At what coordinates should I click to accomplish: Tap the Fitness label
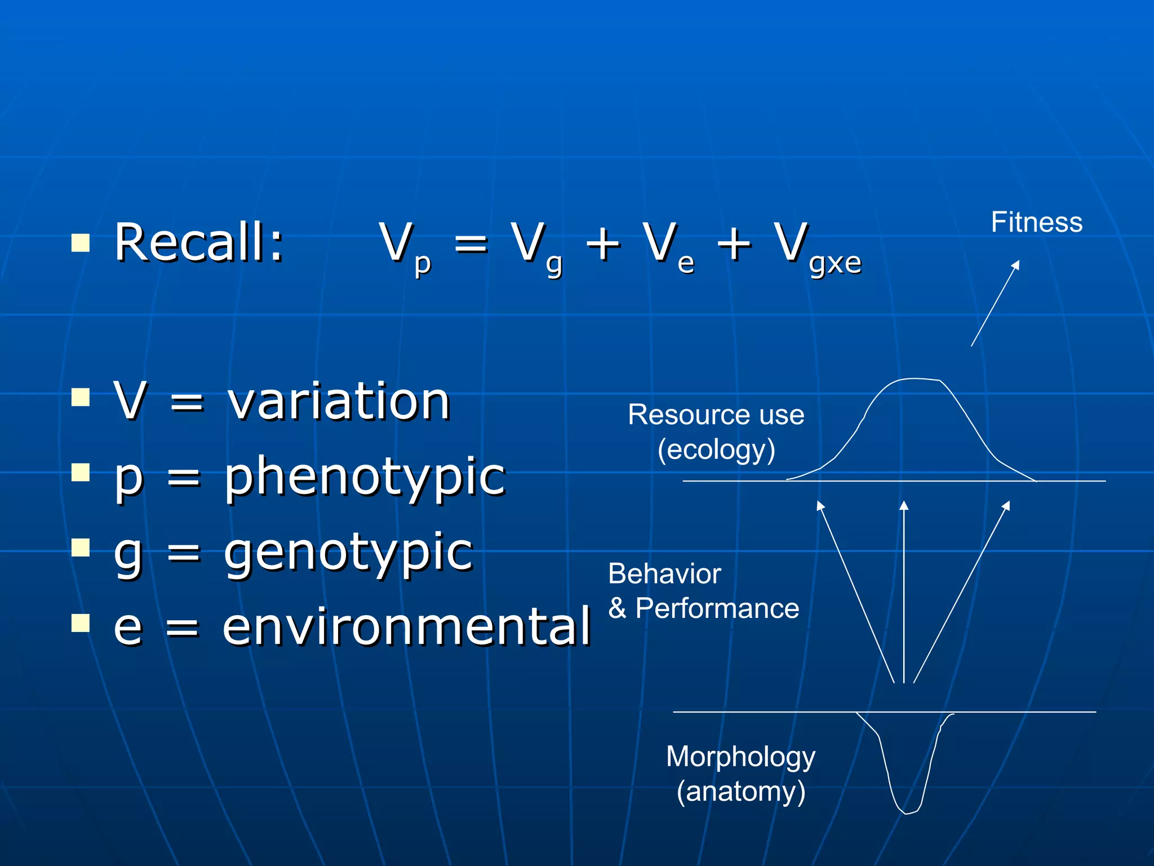point(1037,222)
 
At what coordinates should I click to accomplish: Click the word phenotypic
point(365,477)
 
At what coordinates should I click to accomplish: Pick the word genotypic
point(348,553)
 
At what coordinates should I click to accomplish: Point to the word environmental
point(406,627)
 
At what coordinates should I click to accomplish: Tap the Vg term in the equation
point(536,247)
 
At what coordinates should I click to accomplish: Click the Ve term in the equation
point(668,247)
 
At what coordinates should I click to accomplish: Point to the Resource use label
point(716,415)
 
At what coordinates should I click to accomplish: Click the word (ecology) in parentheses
point(716,450)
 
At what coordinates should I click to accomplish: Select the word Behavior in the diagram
point(664,574)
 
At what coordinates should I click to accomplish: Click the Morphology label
point(740,757)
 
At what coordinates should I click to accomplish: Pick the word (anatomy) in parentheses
point(740,792)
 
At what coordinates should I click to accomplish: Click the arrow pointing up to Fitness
point(995,303)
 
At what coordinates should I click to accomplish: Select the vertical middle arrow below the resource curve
point(904,592)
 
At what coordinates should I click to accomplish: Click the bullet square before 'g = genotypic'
point(81,547)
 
